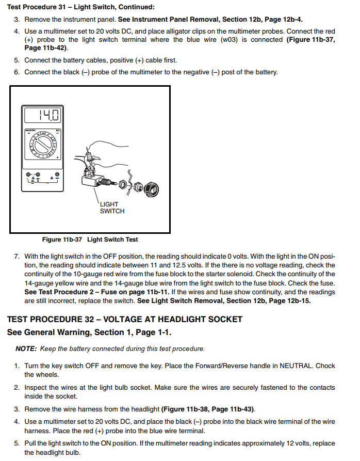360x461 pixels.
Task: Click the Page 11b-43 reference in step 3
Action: point(234,409)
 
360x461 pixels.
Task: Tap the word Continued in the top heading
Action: point(136,7)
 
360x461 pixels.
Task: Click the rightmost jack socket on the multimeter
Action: point(57,174)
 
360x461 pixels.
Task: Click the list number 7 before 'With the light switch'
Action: point(17,256)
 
